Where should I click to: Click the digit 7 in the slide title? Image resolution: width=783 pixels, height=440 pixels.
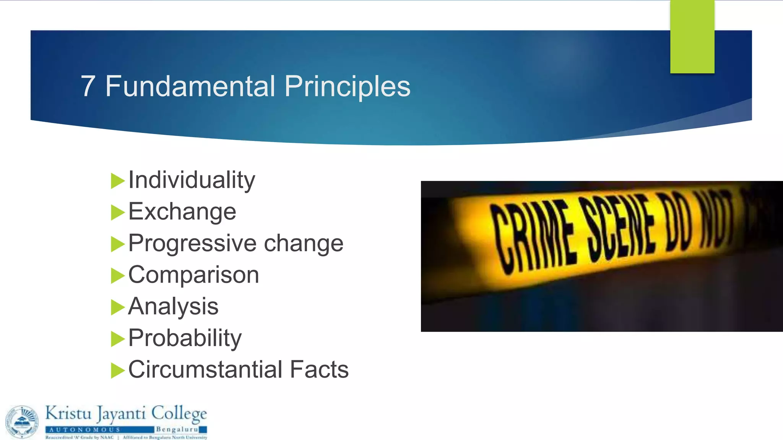click(x=88, y=86)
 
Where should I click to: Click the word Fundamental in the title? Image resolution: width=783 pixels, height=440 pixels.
click(x=190, y=86)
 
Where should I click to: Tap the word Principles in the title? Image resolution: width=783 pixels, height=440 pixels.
click(x=347, y=87)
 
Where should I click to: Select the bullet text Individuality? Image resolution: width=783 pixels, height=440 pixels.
click(x=192, y=180)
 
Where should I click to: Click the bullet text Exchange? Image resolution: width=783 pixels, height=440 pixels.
click(x=182, y=212)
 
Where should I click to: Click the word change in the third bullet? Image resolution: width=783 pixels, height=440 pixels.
click(x=304, y=243)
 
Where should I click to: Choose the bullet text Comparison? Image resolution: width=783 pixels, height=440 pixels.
click(x=193, y=275)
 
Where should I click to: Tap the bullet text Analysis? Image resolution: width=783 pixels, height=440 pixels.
click(x=173, y=306)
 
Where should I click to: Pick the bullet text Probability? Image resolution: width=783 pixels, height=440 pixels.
click(x=185, y=338)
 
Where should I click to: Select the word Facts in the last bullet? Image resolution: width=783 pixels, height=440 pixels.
click(x=319, y=369)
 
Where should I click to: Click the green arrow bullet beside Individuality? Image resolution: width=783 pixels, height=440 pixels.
click(x=117, y=181)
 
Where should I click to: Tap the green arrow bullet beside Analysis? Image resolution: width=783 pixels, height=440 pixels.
click(x=117, y=307)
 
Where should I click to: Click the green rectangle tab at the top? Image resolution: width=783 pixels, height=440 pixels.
click(x=692, y=37)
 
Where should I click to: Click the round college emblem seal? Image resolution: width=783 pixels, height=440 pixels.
click(x=22, y=422)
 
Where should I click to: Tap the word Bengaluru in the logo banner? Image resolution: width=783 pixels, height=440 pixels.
click(x=177, y=429)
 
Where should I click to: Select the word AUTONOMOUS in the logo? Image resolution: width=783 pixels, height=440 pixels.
click(x=85, y=430)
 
